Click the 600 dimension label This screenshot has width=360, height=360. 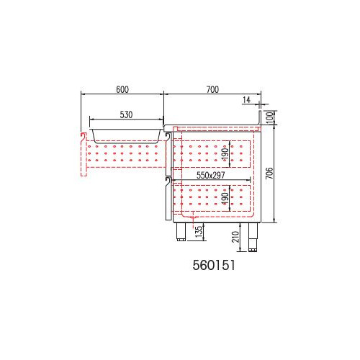point(122,89)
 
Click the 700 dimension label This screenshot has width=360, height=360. point(212,89)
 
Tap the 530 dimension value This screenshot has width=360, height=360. point(126,114)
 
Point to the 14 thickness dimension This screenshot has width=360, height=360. point(246,100)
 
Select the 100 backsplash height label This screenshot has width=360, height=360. point(270,117)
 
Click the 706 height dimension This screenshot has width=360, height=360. point(269,173)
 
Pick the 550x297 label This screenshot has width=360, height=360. point(211,175)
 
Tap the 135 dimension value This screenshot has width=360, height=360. point(199,232)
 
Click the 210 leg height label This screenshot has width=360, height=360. point(236,237)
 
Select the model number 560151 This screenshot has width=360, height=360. point(214,265)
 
